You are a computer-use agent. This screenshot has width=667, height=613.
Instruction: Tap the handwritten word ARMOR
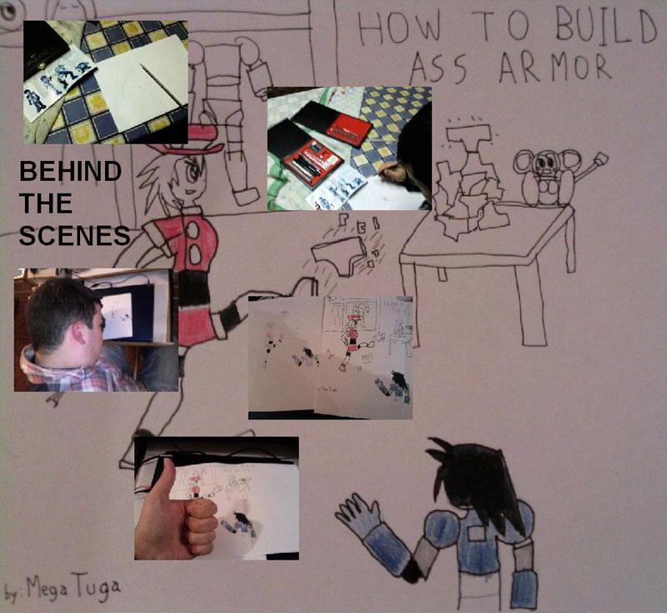tap(555, 68)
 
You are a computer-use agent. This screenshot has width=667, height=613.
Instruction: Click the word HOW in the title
tap(399, 28)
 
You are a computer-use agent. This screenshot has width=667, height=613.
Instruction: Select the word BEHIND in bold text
tap(71, 171)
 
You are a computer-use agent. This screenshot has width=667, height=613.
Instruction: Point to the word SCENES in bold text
tap(74, 235)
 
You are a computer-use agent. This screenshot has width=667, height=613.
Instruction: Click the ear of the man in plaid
tap(79, 333)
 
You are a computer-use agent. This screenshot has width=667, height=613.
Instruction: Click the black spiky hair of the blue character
tap(476, 476)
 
